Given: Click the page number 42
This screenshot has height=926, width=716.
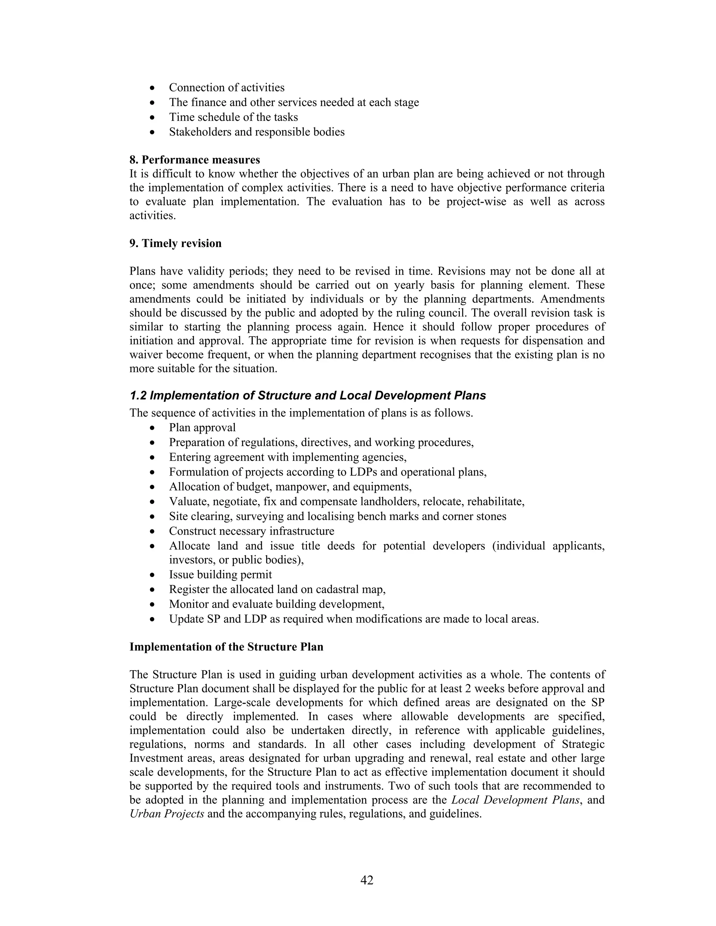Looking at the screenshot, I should tap(366, 880).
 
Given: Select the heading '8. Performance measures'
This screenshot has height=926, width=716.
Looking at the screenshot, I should tap(194, 160).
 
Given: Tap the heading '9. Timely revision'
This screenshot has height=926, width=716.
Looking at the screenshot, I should tap(175, 243).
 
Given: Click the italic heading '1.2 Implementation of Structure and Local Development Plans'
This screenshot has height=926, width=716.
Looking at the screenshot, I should tap(308, 396).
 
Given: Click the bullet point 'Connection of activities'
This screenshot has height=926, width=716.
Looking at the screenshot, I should tap(227, 87).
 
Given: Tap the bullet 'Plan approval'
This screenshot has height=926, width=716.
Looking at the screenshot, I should tap(202, 427).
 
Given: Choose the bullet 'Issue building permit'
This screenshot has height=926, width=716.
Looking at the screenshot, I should tap(220, 574).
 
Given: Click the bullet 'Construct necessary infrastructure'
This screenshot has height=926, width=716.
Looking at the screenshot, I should tap(251, 531).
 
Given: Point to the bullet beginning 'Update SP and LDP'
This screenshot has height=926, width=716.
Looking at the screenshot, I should tap(353, 619).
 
